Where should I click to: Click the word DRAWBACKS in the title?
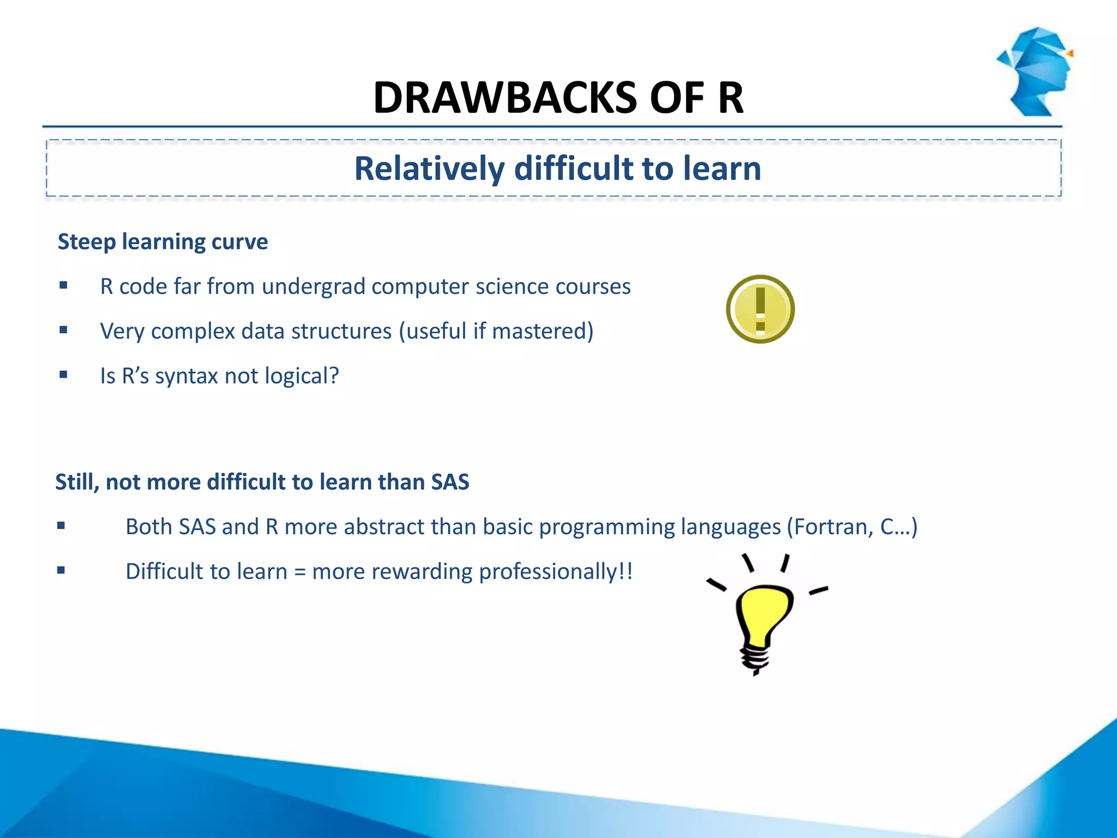point(505,98)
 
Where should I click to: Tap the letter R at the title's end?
point(730,98)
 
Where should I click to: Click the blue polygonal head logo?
point(1036,71)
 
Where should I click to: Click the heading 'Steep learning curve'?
point(163,242)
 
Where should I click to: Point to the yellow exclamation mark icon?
point(760,309)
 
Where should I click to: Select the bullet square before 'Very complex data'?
point(64,330)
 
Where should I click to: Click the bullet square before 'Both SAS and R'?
point(61,526)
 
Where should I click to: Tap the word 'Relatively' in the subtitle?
point(429,169)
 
